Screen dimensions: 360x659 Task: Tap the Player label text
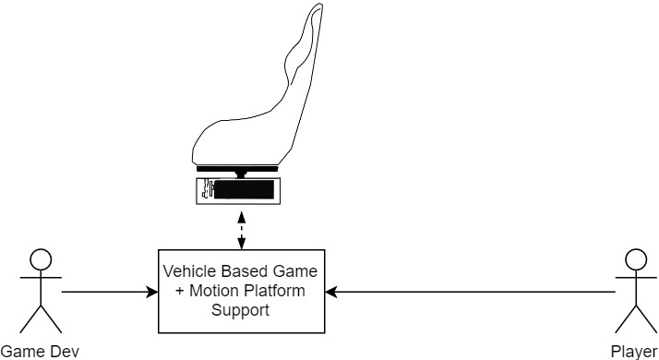634,351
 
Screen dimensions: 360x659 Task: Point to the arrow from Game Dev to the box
106,293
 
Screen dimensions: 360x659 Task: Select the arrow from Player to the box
471,293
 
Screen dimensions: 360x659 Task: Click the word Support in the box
241,310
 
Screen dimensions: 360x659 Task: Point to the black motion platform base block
245,191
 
